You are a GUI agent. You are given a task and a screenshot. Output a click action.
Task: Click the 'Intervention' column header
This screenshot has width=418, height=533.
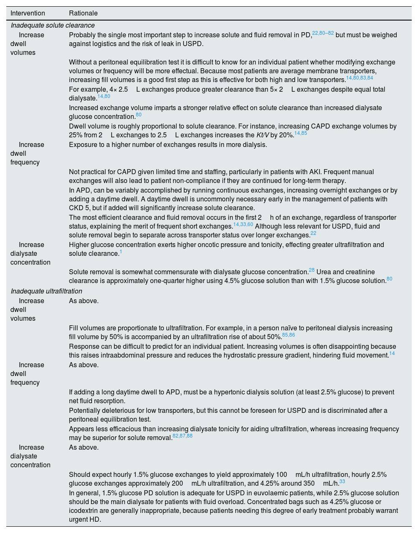28,13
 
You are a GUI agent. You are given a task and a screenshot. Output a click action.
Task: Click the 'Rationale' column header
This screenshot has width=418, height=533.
83,13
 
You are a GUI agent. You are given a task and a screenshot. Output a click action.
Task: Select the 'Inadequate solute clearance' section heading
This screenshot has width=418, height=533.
53,26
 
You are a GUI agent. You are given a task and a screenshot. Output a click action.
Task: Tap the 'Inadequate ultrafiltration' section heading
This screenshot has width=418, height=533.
46,291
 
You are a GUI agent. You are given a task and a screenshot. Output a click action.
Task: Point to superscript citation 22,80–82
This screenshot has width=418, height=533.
323,33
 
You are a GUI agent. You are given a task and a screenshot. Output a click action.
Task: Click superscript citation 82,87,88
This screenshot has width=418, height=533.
182,436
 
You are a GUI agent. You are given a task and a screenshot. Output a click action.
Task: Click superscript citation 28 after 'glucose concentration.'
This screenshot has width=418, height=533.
312,270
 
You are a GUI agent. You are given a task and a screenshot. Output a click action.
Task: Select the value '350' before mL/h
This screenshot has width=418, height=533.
309,484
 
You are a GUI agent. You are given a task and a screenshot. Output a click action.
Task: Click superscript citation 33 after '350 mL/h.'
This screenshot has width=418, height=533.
342,482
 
